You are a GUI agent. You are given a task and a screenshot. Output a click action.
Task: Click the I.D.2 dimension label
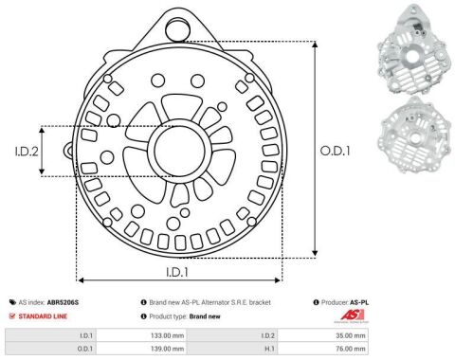point(27,152)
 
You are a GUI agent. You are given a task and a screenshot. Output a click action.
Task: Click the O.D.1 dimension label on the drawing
point(335,151)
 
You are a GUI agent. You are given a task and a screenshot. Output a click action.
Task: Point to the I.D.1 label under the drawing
point(177,272)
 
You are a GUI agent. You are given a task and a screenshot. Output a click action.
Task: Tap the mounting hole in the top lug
point(178,30)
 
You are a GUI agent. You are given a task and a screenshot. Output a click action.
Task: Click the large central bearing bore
point(179,151)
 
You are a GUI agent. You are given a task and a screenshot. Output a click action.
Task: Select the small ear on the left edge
point(69,150)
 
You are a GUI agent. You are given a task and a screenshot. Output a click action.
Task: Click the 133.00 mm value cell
point(167,335)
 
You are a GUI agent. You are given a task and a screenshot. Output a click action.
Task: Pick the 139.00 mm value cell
point(167,349)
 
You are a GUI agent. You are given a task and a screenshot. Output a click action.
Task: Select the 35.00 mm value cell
point(351,335)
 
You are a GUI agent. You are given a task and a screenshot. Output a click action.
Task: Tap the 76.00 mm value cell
point(351,349)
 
